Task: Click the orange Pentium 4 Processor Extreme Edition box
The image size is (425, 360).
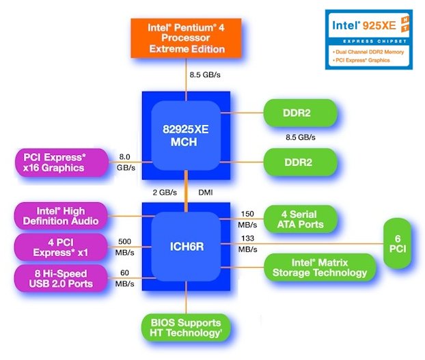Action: point(186,38)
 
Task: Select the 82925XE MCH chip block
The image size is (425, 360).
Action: point(186,135)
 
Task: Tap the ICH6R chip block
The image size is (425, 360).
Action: point(186,247)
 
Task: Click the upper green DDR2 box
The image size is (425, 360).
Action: point(301,113)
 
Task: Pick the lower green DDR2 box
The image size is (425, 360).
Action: point(301,162)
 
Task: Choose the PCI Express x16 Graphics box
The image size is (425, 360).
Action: point(61,163)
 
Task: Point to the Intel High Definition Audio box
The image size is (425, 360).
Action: point(61,216)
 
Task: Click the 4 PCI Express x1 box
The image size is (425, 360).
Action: point(61,247)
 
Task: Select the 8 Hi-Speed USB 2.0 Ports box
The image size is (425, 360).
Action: point(61,278)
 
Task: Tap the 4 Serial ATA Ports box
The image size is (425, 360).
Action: point(301,219)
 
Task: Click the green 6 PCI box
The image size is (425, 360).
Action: point(398,243)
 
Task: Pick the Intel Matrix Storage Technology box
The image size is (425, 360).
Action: point(320,267)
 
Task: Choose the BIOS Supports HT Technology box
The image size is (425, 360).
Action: point(186,327)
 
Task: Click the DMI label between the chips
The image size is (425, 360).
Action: point(206,193)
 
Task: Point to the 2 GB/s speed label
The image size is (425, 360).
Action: point(165,193)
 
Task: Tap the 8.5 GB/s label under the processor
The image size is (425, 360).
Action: point(205,74)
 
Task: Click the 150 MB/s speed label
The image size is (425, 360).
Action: point(247,219)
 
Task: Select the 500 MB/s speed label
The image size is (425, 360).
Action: point(124,247)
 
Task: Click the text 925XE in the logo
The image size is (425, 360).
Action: point(379,25)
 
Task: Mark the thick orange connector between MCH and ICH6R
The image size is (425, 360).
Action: point(186,191)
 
